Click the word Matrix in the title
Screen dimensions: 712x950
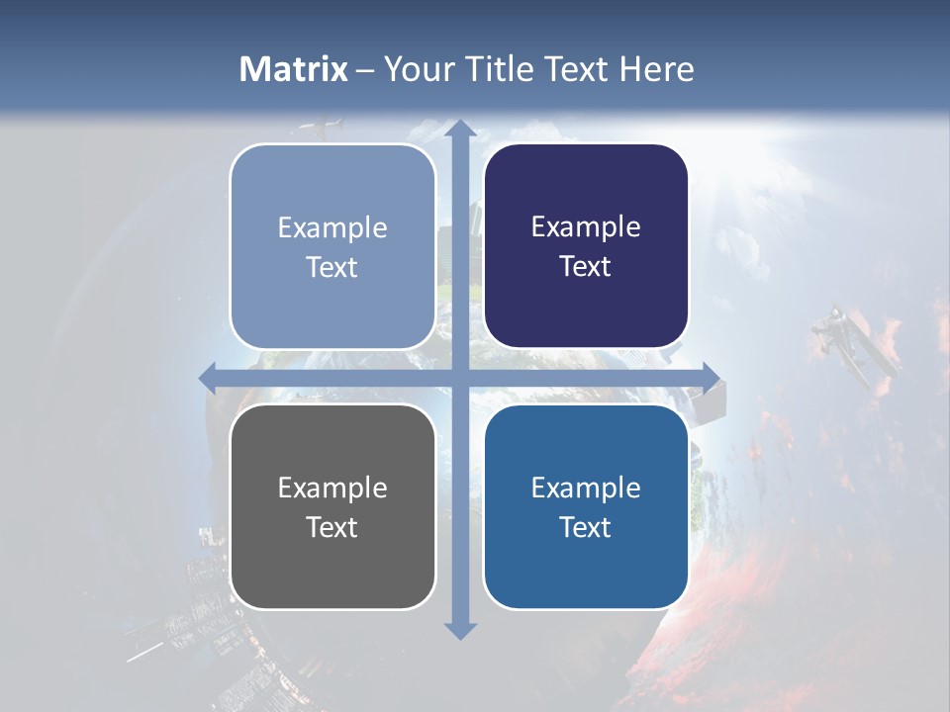coord(294,69)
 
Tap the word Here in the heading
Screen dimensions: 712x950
coord(656,69)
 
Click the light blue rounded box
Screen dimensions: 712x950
coord(332,246)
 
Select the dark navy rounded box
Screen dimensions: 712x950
coord(586,246)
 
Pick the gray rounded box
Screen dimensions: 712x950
coord(332,506)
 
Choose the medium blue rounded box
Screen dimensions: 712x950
coord(586,506)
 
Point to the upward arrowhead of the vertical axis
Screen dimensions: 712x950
coord(459,130)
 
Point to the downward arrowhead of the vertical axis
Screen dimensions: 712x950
coord(459,630)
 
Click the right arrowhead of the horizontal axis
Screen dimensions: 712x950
coord(711,378)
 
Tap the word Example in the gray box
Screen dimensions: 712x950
coord(332,488)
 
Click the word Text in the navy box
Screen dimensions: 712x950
coord(586,267)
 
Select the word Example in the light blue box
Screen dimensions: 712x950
coord(332,227)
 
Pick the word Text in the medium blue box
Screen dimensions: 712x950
coord(586,527)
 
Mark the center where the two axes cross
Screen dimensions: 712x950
coord(459,378)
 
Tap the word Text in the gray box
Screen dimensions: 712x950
coord(332,527)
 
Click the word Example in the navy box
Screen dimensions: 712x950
coord(586,227)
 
